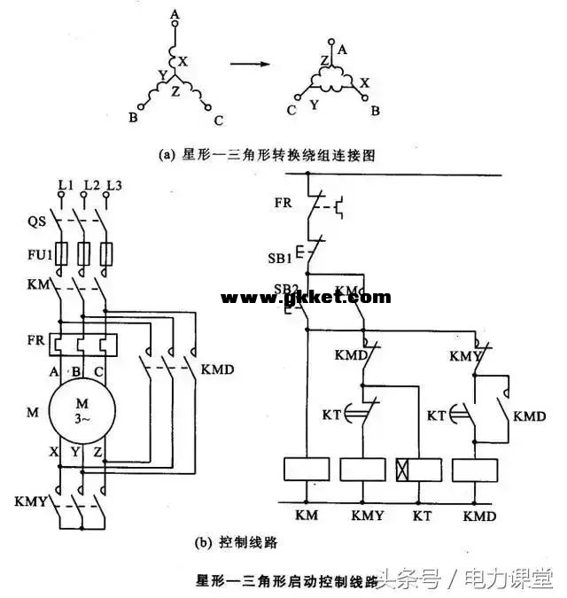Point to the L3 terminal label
tap(113, 185)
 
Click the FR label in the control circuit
tap(283, 202)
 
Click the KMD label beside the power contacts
tap(218, 369)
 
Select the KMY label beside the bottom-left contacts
tap(32, 501)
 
